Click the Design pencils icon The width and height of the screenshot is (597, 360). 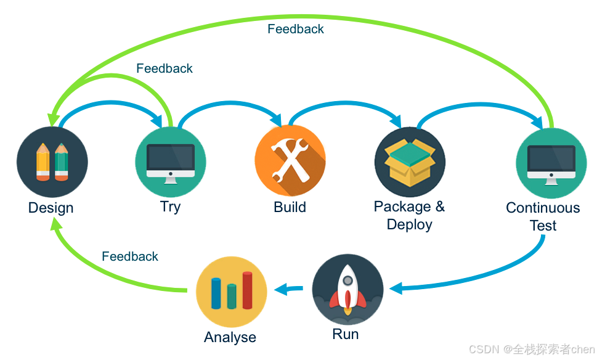click(x=52, y=162)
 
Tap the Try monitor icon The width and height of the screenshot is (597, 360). click(x=171, y=162)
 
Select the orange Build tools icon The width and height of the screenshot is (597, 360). click(x=290, y=160)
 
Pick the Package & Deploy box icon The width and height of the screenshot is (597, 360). click(x=410, y=162)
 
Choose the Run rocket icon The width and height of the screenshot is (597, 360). click(x=347, y=289)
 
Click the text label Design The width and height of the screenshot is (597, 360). click(x=51, y=208)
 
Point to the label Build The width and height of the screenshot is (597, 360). click(x=290, y=207)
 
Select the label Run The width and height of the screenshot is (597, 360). click(x=345, y=334)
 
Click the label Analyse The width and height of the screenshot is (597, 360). click(x=230, y=337)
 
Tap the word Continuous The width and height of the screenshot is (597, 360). click(x=543, y=208)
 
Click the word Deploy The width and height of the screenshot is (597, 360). click(x=409, y=224)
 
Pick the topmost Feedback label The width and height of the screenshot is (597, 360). click(x=295, y=29)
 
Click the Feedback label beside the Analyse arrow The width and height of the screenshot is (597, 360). click(x=130, y=256)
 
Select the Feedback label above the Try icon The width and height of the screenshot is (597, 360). click(x=164, y=68)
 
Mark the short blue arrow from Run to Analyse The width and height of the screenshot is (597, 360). click(x=289, y=288)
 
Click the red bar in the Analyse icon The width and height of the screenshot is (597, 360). click(x=247, y=290)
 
